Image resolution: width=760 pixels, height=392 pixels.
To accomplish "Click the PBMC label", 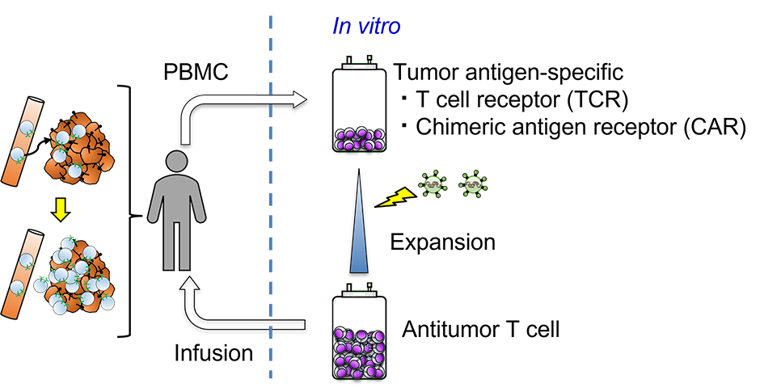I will (x=196, y=72).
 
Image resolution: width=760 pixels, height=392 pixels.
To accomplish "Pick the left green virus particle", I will (x=433, y=185).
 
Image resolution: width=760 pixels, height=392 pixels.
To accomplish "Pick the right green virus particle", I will (x=472, y=185).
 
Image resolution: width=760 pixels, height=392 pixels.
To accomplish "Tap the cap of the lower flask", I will (x=359, y=290).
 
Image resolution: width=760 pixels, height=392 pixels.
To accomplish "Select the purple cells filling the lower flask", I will (x=359, y=352).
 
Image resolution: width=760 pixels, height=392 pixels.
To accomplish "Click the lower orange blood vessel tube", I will (x=23, y=273).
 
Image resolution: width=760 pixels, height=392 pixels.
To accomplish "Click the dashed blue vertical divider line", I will (x=270, y=202).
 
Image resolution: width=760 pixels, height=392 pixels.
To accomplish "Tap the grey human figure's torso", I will (x=176, y=202).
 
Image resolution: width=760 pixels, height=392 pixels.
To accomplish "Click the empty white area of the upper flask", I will (x=359, y=97).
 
